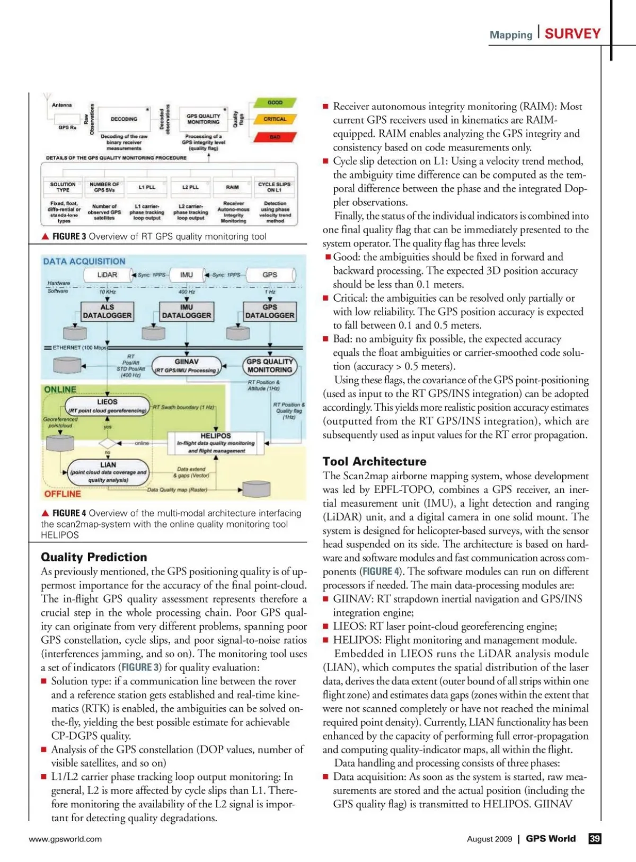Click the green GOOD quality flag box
(275, 103)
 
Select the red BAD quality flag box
(275, 137)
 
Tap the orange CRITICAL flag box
(275, 119)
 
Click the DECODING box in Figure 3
(124, 119)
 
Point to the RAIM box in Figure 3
(232, 187)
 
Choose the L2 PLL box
(190, 187)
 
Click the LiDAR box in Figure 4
(107, 275)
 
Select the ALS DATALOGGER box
(107, 311)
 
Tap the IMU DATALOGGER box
(187, 311)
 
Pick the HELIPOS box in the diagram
(216, 443)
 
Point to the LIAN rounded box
(108, 472)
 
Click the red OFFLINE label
(63, 494)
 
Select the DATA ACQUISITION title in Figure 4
(84, 261)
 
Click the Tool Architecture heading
(374, 461)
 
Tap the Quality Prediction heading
(94, 557)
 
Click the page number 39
(595, 839)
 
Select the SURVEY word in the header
(572, 34)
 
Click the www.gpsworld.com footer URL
(65, 839)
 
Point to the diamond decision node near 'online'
(108, 443)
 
